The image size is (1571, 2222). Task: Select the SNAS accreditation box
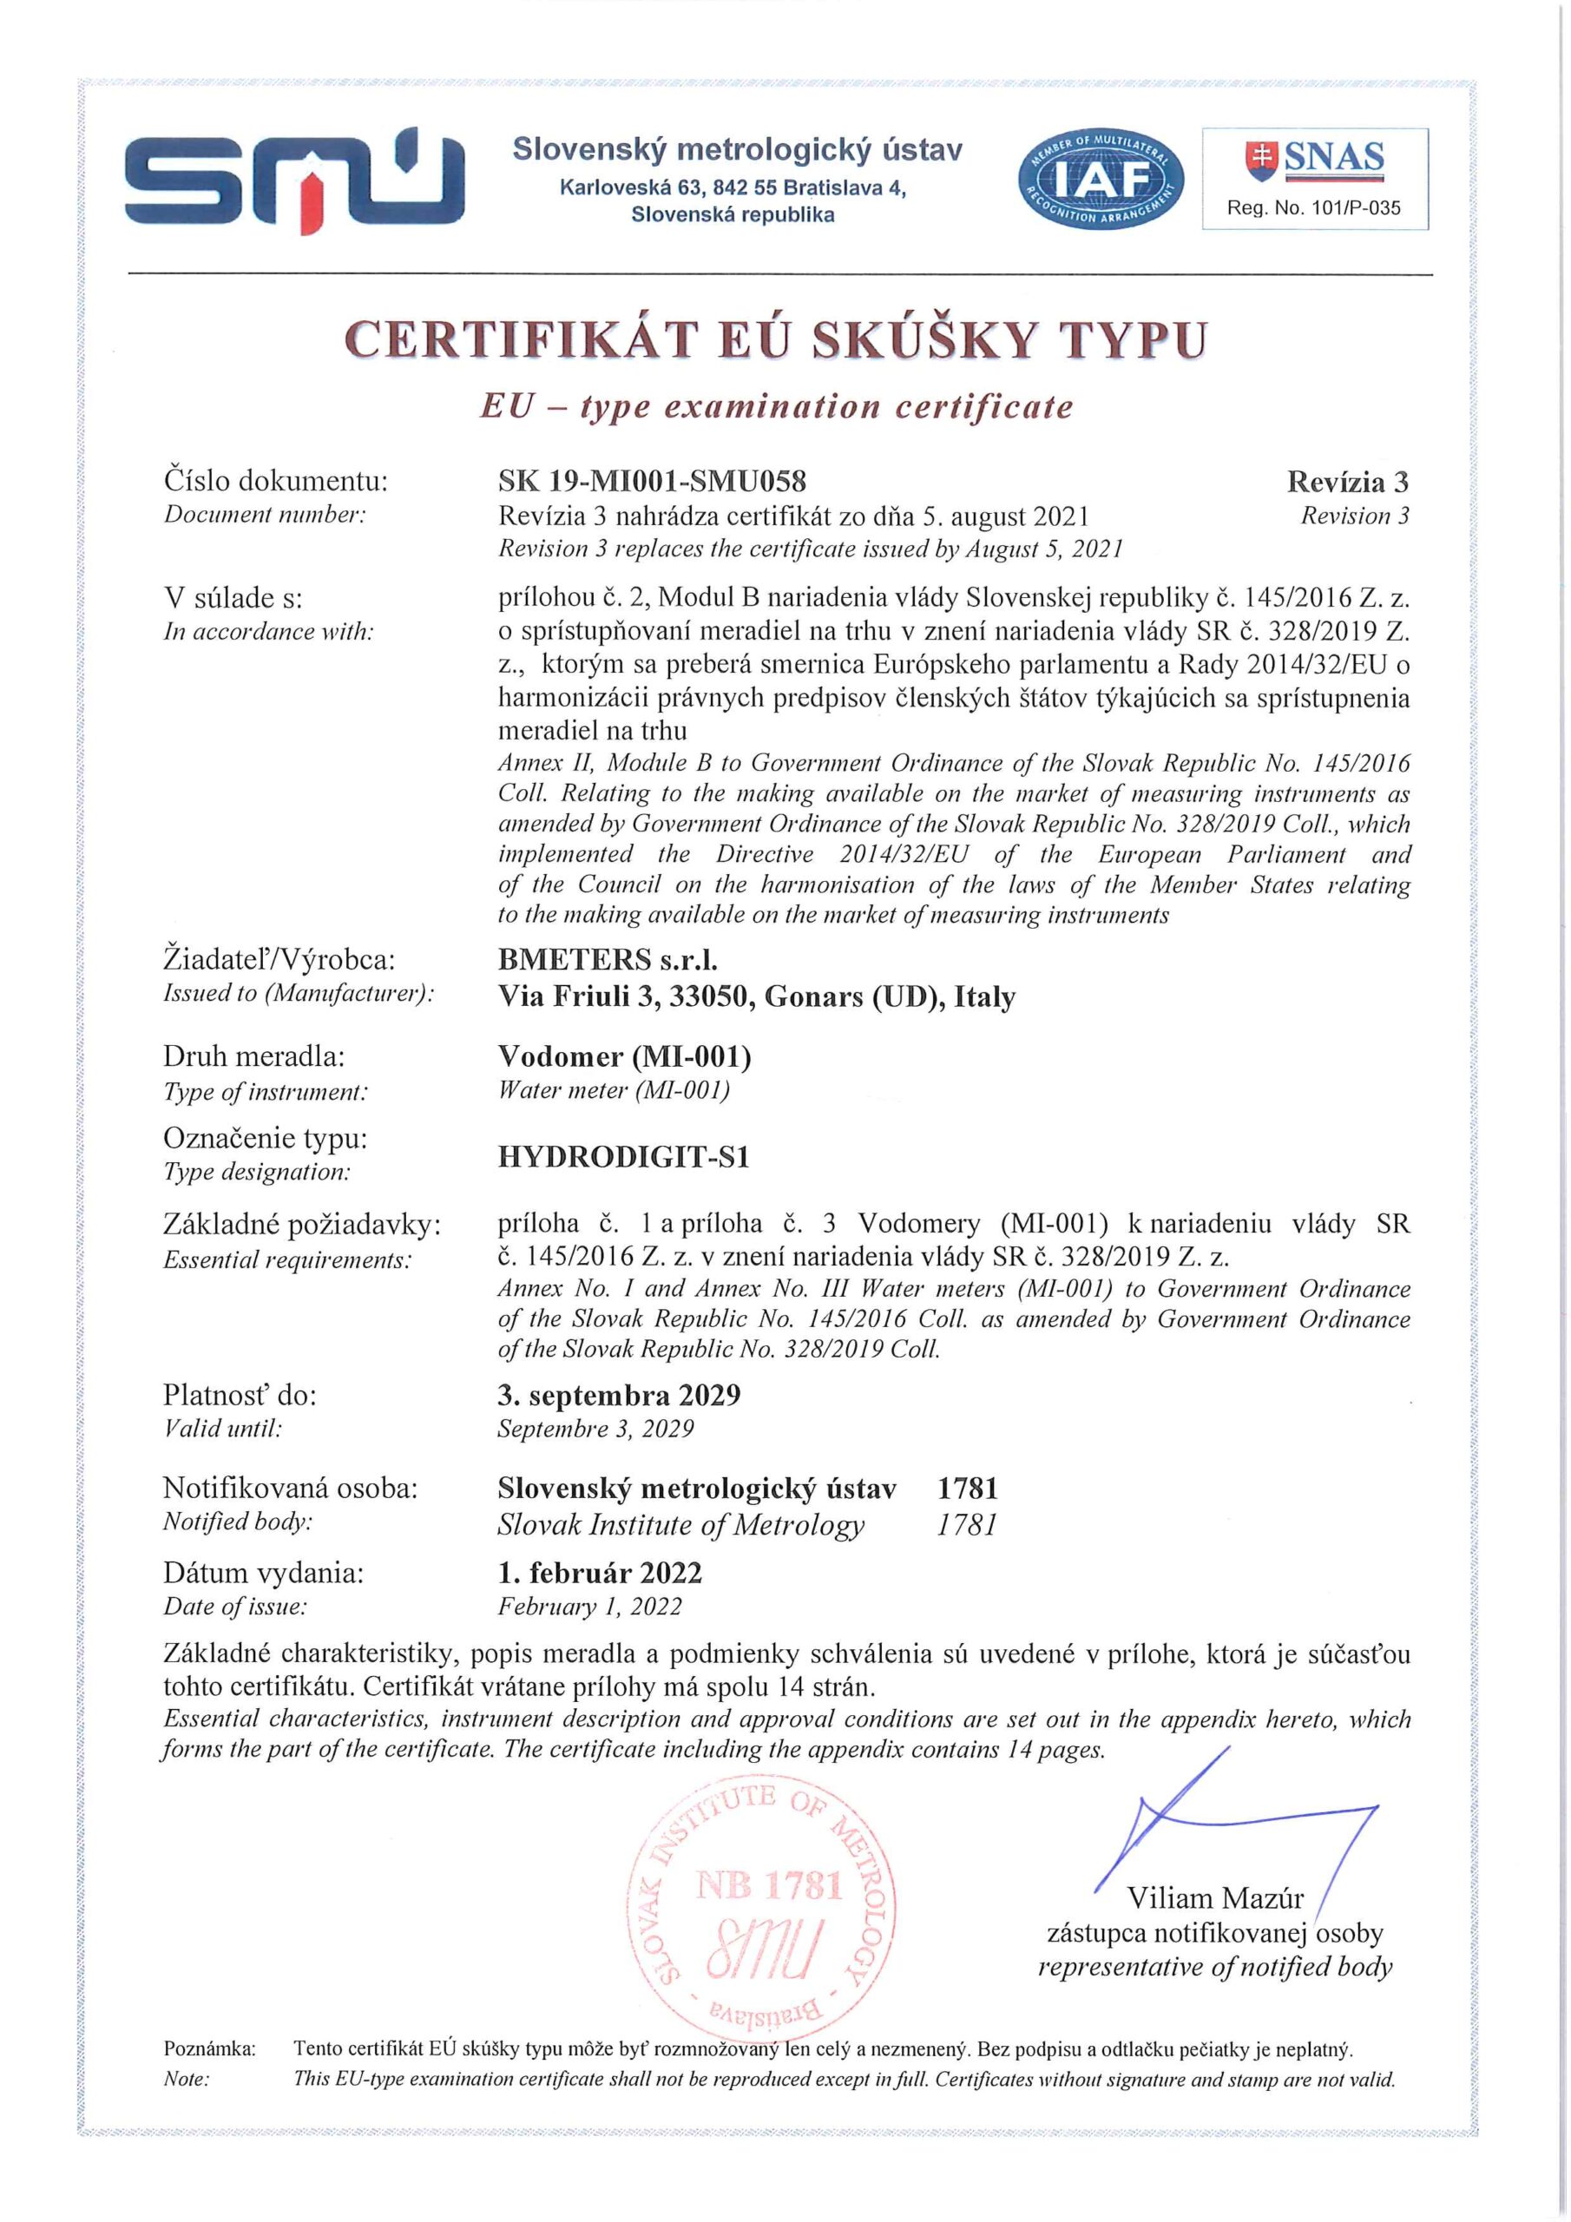1314,179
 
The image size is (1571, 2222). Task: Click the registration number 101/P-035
1313,208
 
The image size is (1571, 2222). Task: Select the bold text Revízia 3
1347,482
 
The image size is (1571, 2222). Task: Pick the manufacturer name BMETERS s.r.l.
607,960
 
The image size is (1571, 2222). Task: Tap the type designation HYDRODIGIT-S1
623,1158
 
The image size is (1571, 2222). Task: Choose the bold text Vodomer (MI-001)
624,1057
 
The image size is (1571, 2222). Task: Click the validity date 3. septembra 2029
619,1396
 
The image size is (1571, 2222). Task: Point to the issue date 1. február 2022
599,1573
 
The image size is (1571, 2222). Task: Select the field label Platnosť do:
240,1396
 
